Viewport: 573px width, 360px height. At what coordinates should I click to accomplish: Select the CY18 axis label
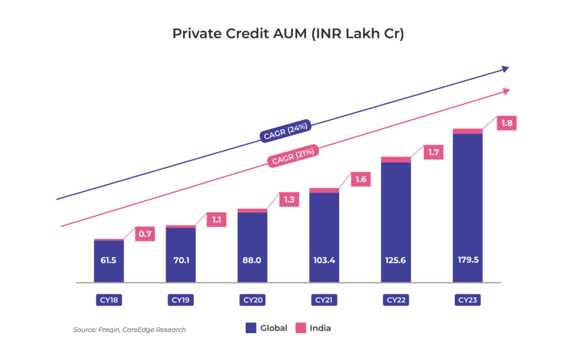[109, 300]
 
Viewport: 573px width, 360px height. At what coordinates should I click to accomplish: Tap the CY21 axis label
[324, 300]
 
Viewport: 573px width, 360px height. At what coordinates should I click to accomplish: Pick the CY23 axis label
[468, 300]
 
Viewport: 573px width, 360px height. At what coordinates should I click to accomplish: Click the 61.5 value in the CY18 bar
[109, 260]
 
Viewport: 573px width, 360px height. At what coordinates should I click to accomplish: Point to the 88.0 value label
[252, 260]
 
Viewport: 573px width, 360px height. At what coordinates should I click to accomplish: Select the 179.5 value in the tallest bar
[468, 260]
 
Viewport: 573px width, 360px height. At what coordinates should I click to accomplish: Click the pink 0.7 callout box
[145, 234]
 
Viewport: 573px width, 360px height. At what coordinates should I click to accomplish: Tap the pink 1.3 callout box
[289, 200]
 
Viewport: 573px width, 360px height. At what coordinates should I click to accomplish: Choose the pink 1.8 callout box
[506, 123]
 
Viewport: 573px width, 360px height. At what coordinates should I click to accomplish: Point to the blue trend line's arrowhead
[505, 69]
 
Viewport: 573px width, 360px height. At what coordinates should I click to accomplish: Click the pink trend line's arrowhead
[506, 91]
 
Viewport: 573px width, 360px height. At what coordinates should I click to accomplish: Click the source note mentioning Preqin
[129, 330]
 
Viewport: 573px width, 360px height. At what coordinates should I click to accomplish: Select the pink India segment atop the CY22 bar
[396, 160]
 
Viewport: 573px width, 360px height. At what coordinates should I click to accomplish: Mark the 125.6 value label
[396, 260]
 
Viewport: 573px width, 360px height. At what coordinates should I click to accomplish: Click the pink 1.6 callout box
[361, 179]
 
